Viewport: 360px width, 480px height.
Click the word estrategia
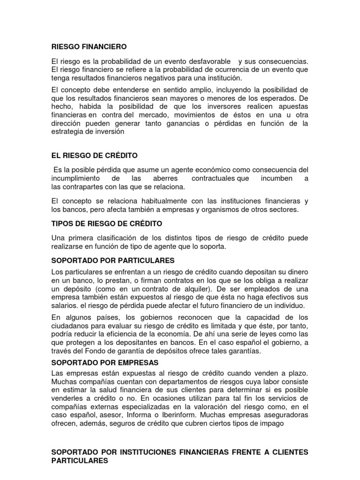(68, 131)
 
